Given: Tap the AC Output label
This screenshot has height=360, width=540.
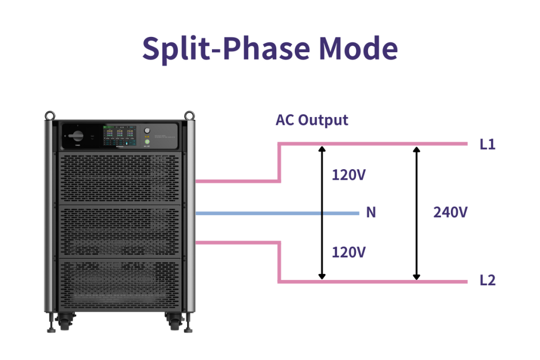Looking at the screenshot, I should click(x=312, y=120).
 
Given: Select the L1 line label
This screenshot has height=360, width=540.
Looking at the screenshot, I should click(x=487, y=144).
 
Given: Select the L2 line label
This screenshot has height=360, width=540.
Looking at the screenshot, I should click(x=487, y=280).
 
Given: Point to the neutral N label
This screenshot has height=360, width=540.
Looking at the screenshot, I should click(x=371, y=212).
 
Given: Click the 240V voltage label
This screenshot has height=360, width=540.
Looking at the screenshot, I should click(x=450, y=212).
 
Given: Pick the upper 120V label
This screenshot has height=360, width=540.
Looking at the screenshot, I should click(x=348, y=174).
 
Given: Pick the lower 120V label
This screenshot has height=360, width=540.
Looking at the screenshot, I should click(x=348, y=252).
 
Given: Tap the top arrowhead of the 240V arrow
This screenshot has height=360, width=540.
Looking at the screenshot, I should click(x=417, y=149).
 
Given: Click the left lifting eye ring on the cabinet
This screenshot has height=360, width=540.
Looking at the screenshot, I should click(x=50, y=114).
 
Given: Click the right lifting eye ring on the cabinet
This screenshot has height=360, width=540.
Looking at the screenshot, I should click(x=189, y=114).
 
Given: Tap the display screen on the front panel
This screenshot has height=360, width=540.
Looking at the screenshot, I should click(x=120, y=135).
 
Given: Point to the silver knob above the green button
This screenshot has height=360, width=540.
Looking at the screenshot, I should click(x=147, y=130).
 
